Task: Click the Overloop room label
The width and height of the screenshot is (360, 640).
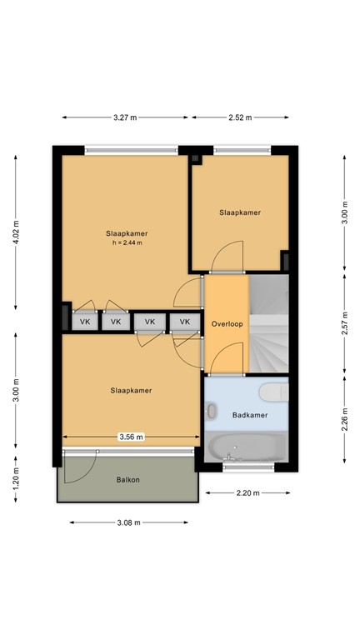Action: pos(227,324)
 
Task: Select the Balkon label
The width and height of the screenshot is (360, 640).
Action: pos(127,480)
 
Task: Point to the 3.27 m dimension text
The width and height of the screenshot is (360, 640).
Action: pos(127,117)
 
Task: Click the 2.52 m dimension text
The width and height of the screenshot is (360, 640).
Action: pos(241,117)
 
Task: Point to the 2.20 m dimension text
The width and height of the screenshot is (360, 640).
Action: pos(248,493)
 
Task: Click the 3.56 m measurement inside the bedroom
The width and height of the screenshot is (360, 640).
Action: pos(131,437)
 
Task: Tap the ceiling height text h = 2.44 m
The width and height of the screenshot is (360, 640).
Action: pos(127,243)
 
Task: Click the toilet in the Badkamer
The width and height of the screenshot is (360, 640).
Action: pos(272,392)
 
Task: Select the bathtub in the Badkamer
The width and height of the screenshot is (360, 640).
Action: pos(247,447)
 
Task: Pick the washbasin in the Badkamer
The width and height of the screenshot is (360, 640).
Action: pos(212,411)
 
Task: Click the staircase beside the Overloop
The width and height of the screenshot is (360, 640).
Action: pos(268,325)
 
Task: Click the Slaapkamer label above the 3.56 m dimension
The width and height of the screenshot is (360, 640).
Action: pos(132,390)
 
